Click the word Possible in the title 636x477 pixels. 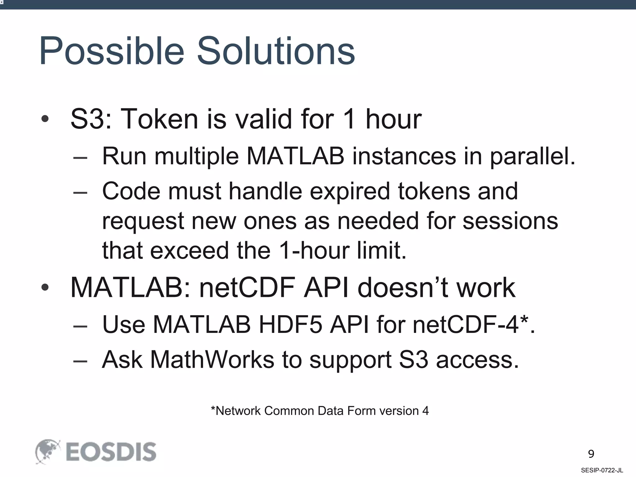[x=112, y=51]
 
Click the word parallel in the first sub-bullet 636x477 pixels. [x=533, y=156]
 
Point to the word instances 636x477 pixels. [x=404, y=156]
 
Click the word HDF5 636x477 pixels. [x=290, y=325]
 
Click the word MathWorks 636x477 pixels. [x=212, y=360]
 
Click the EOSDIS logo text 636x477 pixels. [x=111, y=452]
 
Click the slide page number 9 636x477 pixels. [x=591, y=454]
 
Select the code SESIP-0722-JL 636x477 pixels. [x=602, y=470]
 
